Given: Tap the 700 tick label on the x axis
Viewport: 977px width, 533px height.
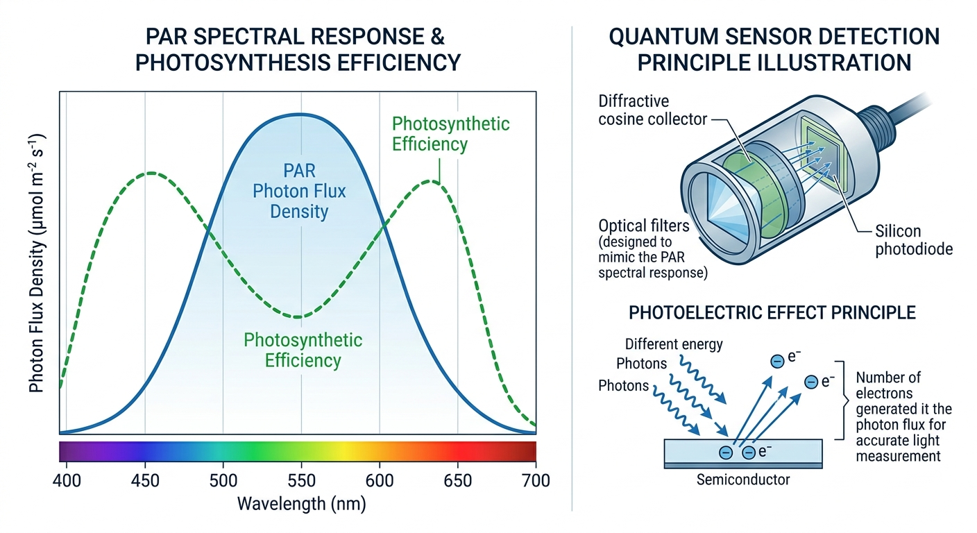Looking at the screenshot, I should (535, 480).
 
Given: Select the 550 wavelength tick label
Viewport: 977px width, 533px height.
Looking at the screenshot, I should (301, 480).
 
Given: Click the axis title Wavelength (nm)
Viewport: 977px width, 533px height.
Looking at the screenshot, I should (301, 503).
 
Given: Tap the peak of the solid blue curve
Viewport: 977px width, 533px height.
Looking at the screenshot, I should (298, 115).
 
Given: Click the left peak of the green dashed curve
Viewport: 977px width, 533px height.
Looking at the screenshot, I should (150, 173).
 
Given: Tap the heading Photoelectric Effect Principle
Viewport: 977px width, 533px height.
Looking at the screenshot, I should (772, 312).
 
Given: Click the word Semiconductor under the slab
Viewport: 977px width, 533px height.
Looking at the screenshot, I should (744, 479).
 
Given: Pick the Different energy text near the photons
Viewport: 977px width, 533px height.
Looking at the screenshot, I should (674, 344).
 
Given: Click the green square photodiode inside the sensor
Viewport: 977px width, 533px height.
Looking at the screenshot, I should (822, 149).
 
